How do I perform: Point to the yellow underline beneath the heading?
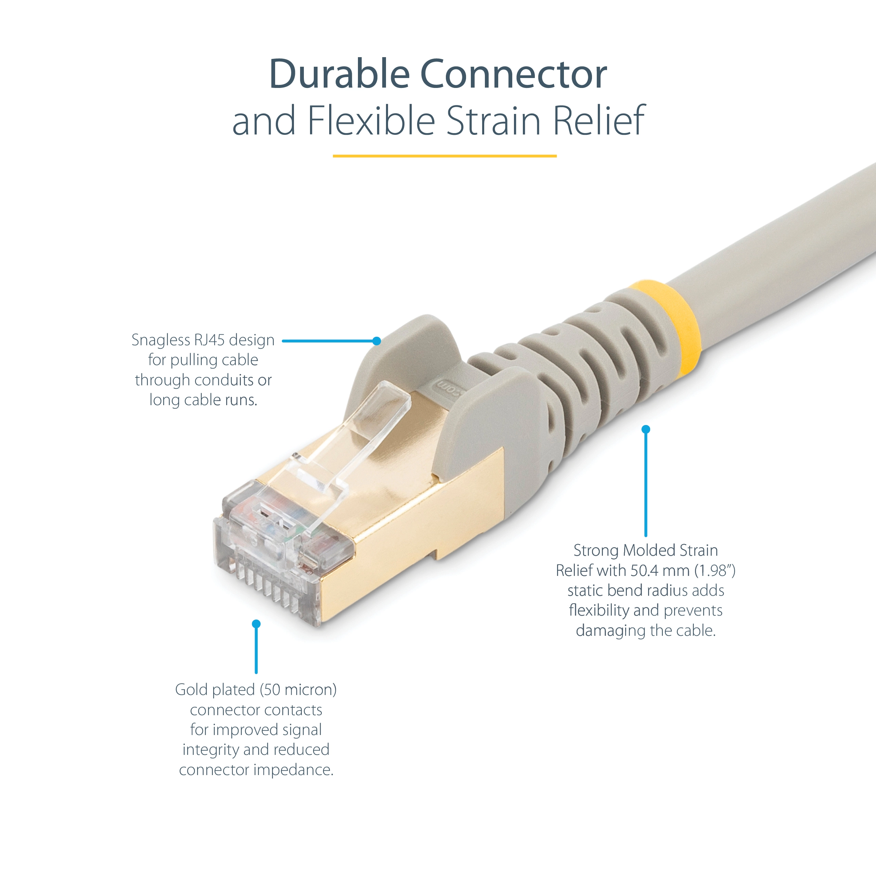445,156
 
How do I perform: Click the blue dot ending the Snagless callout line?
376,341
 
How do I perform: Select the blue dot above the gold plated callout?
256,624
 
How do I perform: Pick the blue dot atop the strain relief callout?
646,429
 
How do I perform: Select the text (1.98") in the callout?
715,570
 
